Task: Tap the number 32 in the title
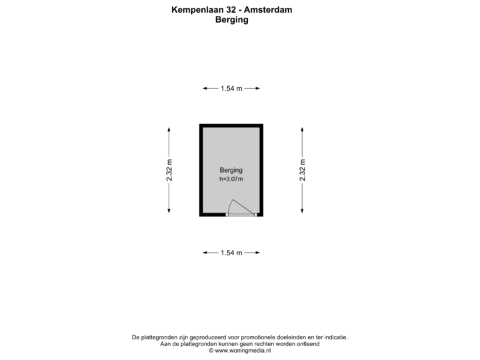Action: coord(231,10)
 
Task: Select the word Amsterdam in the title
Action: coord(268,10)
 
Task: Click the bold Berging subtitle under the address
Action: coord(232,19)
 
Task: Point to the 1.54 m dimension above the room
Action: coord(231,89)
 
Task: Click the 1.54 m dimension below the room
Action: coord(231,253)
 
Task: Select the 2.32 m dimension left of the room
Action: coord(169,170)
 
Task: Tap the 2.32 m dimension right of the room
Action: coord(303,170)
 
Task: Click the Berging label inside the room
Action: coord(231,170)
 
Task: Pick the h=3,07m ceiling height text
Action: coord(231,179)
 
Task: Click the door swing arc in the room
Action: coord(229,205)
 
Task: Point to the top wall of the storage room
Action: coord(231,126)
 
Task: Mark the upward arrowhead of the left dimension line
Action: coord(169,130)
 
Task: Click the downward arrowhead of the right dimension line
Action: coord(302,210)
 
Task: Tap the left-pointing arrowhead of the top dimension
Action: coord(205,89)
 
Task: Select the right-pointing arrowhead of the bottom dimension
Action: coord(257,253)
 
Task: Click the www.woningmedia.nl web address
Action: coord(243,351)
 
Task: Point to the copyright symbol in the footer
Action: coord(211,351)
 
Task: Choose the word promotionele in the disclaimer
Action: coord(258,337)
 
